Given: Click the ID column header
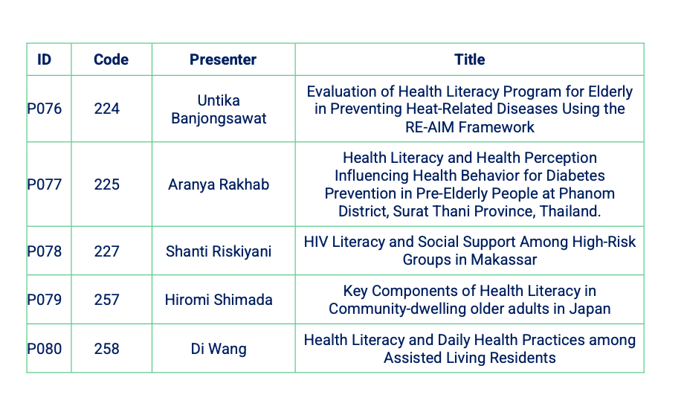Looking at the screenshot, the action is click(45, 59).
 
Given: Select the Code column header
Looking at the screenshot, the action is click(112, 59).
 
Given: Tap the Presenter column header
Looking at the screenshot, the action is click(223, 59).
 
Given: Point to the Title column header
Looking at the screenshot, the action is click(470, 59).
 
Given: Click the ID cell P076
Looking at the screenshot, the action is click(45, 109).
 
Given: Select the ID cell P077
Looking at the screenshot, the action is click(45, 184).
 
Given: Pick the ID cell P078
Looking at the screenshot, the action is click(45, 251).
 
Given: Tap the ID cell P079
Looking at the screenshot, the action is click(45, 300).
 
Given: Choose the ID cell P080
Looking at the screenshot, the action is click(45, 349).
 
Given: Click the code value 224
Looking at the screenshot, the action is click(107, 109).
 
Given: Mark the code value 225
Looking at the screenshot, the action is click(107, 184).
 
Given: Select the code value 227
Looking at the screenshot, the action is click(107, 251).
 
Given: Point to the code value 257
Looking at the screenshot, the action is click(107, 300).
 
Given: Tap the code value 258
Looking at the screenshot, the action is click(107, 349).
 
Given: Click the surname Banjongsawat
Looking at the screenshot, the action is click(219, 119).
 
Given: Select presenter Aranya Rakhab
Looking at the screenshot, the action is click(219, 184).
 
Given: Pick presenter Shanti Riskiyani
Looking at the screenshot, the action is click(219, 251).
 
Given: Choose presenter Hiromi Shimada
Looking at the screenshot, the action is click(219, 300).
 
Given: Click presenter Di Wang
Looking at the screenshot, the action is click(219, 350).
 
